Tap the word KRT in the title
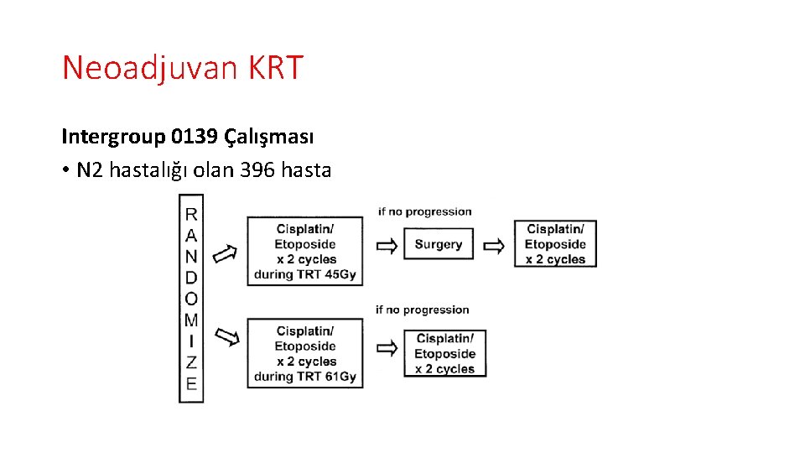[x=275, y=68]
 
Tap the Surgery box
[x=439, y=245]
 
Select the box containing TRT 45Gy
[x=305, y=251]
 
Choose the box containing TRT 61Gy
[x=305, y=353]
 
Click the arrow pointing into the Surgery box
[x=387, y=245]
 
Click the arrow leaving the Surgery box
[x=495, y=245]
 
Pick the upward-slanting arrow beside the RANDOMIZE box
[x=225, y=253]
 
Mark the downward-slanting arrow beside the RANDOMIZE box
[x=226, y=337]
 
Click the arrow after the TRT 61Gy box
[x=387, y=346]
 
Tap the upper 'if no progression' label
[x=424, y=211]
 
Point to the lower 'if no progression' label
[x=422, y=310]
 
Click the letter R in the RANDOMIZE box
[x=191, y=215]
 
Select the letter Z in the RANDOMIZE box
[x=191, y=362]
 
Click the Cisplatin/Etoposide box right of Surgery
[x=555, y=244]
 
